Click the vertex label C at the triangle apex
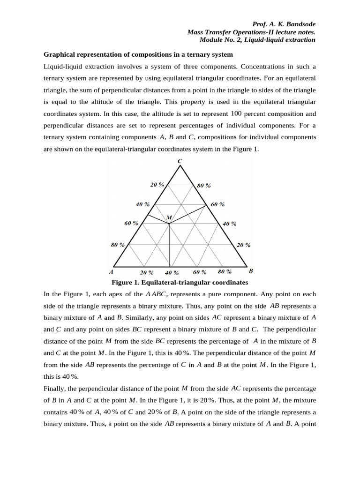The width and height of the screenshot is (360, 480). coord(180,162)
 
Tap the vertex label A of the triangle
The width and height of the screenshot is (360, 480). coord(111,271)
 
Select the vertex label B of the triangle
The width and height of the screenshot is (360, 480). coord(251,271)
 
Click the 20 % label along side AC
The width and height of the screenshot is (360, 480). coord(157,185)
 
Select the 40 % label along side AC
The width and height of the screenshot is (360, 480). coord(142,204)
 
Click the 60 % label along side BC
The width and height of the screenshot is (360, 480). coord(217,204)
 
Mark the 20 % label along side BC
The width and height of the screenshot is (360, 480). coord(244,245)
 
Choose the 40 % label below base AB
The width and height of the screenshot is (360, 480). coord(172,272)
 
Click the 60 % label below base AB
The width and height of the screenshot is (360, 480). coord(200,272)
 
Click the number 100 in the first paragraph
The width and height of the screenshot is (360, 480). coord(236,113)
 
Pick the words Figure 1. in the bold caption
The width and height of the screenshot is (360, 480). coord(126,283)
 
